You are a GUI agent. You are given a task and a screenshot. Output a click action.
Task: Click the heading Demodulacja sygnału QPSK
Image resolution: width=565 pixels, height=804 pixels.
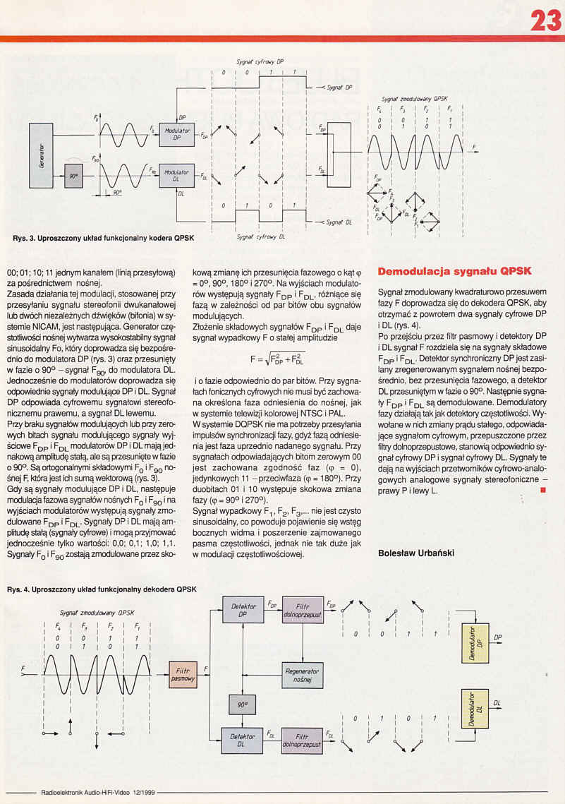pyautogui.click(x=454, y=271)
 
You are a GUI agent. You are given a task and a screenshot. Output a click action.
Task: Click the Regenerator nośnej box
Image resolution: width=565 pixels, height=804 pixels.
pyautogui.click(x=302, y=676)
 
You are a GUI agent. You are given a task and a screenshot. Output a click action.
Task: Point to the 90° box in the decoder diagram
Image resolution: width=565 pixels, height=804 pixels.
pyautogui.click(x=242, y=704)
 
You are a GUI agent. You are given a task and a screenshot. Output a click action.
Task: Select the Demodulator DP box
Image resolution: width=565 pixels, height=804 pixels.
pyautogui.click(x=475, y=643)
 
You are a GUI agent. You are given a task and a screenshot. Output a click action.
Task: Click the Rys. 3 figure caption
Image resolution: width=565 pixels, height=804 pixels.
pyautogui.click(x=103, y=238)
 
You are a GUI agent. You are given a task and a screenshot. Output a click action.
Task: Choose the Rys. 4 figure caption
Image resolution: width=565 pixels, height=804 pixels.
pyautogui.click(x=102, y=588)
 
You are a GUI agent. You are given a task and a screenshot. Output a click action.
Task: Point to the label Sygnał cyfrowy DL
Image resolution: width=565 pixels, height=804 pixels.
pyautogui.click(x=260, y=237)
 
